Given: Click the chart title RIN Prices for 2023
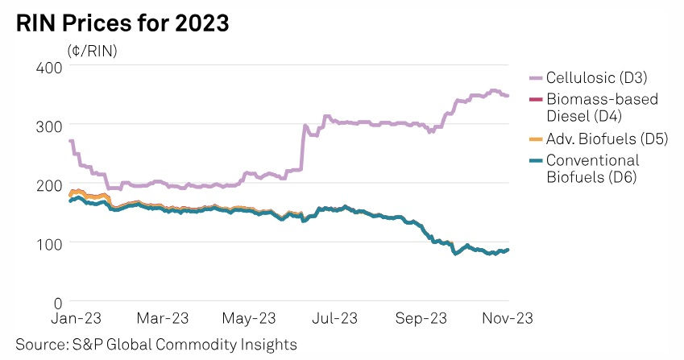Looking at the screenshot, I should click(122, 24).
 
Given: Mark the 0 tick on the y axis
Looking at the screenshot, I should click(58, 302).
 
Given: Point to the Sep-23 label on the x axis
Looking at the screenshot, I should click(421, 318).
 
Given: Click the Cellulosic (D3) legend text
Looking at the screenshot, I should click(597, 78).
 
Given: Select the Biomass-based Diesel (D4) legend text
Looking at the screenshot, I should click(601, 106).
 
